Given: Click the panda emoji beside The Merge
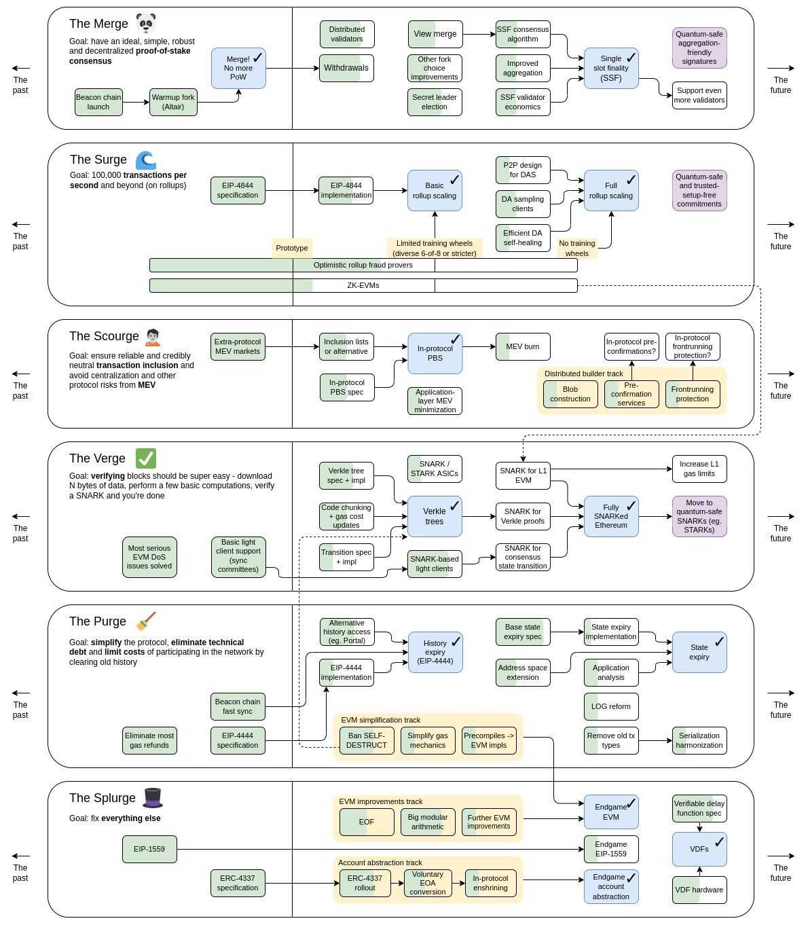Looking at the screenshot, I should pyautogui.click(x=146, y=23).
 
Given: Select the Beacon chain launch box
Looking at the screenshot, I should pyautogui.click(x=98, y=102).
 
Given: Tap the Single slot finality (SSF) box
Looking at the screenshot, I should pyautogui.click(x=611, y=68).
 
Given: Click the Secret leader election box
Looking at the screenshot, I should pyautogui.click(x=435, y=102).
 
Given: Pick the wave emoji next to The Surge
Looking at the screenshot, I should pyautogui.click(x=146, y=160).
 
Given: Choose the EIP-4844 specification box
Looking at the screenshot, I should pyautogui.click(x=238, y=190).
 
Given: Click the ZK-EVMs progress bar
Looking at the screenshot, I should pyautogui.click(x=363, y=285).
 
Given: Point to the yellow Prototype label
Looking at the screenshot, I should pyautogui.click(x=292, y=248).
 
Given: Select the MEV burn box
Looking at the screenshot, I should pyautogui.click(x=523, y=346).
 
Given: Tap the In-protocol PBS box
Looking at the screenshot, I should pyautogui.click(x=435, y=353).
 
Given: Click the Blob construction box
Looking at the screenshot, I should pyautogui.click(x=570, y=394).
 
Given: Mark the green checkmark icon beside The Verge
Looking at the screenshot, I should pyautogui.click(x=146, y=458).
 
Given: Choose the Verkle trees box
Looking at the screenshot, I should pyautogui.click(x=435, y=516).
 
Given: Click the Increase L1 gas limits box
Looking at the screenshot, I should pyautogui.click(x=699, y=469).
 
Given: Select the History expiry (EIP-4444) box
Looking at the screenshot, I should pyautogui.click(x=435, y=652).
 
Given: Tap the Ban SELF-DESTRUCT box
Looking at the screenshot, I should pyautogui.click(x=367, y=740).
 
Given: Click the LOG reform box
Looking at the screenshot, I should pyautogui.click(x=611, y=706).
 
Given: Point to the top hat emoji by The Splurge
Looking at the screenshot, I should pyautogui.click(x=153, y=798).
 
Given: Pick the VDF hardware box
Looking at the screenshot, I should pyautogui.click(x=699, y=890).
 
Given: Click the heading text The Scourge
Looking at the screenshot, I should pyautogui.click(x=104, y=336).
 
